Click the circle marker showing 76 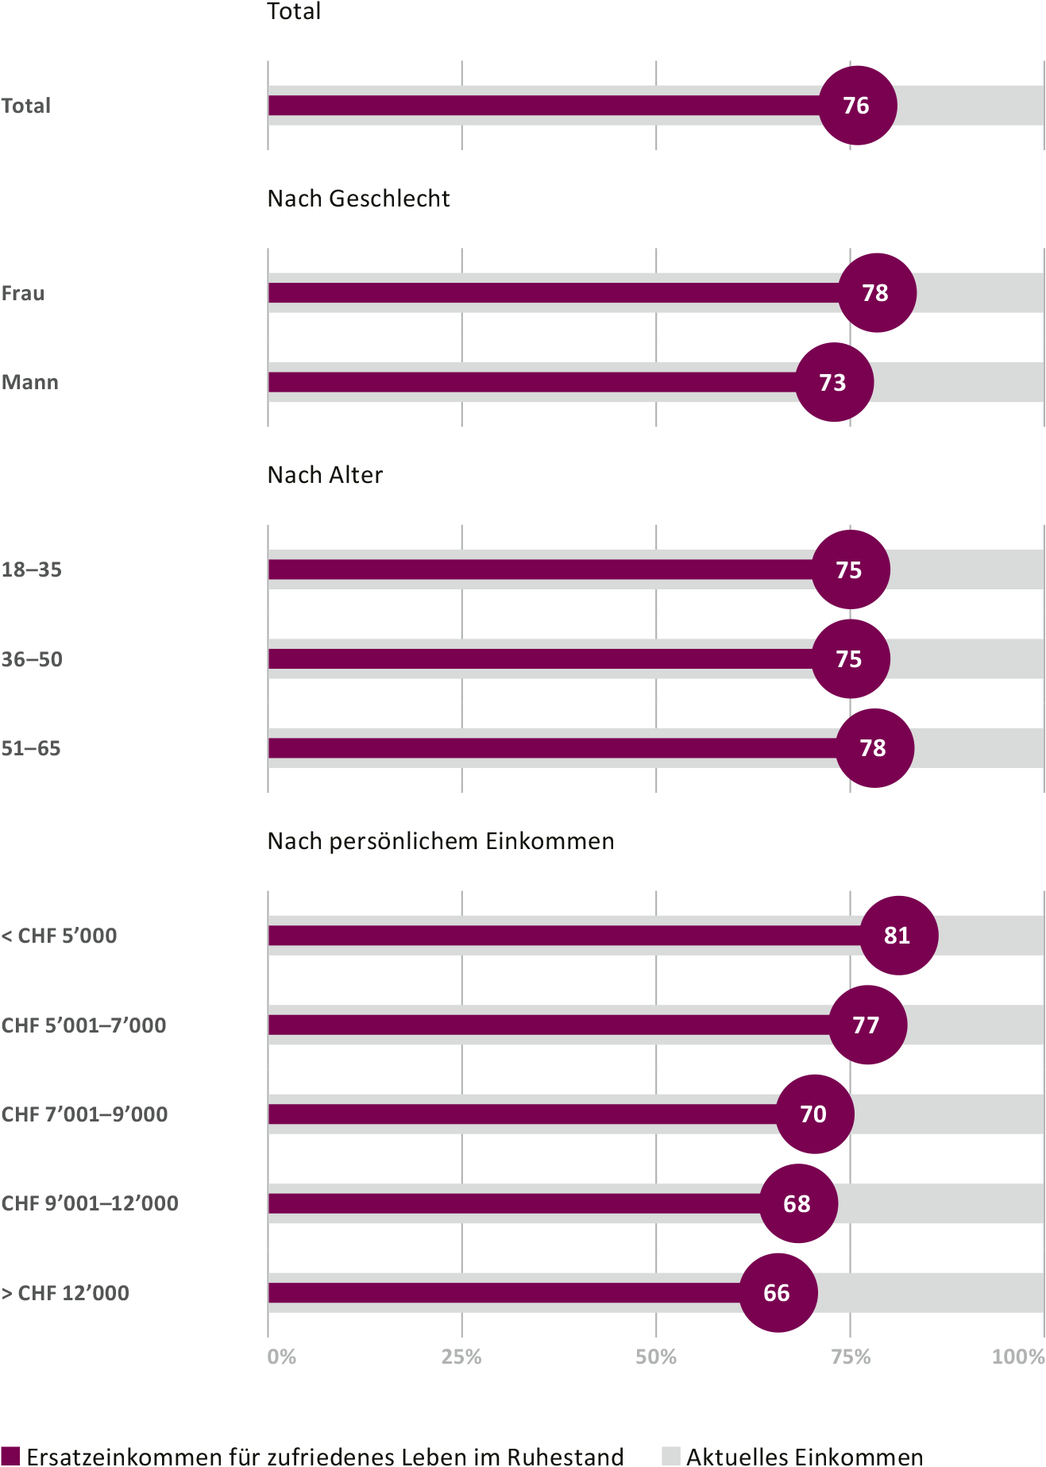tap(858, 106)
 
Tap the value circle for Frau tap(877, 293)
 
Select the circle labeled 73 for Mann tap(834, 382)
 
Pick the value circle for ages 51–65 tap(874, 748)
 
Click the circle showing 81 tap(898, 936)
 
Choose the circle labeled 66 tap(778, 1293)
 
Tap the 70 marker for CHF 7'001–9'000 tap(814, 1114)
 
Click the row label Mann tap(30, 382)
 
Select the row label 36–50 tap(32, 659)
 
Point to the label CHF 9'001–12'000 tap(90, 1203)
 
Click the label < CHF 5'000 tap(59, 936)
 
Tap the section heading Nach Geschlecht tap(358, 199)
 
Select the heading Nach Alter tap(325, 475)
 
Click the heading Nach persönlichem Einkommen tap(441, 841)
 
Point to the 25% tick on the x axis tap(461, 1357)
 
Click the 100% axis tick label tap(1018, 1357)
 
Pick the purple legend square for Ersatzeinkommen tap(10, 1456)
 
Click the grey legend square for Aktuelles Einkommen tap(671, 1456)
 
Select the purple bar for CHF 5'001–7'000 tap(548, 1025)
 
